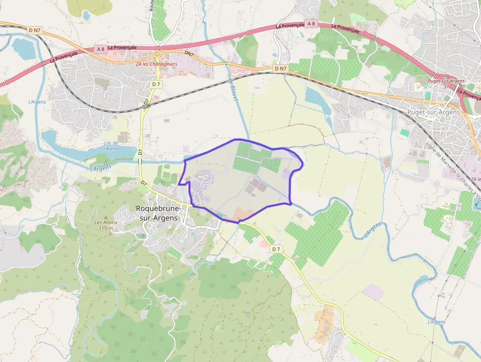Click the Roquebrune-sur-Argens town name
[x=159, y=213]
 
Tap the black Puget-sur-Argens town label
[x=433, y=112]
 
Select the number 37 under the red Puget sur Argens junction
[x=446, y=86]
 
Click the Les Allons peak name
[x=106, y=222]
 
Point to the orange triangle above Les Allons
[x=105, y=216]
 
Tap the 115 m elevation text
[x=106, y=228]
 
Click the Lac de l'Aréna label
[x=111, y=145]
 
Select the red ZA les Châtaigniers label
[x=157, y=63]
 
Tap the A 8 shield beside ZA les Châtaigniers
[x=100, y=49]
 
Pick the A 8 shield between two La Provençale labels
[x=310, y=23]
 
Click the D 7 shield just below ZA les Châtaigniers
[x=156, y=84]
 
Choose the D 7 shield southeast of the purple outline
[x=276, y=249]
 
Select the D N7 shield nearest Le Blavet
[x=280, y=68]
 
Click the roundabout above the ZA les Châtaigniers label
[x=158, y=54]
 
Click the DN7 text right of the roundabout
[x=190, y=53]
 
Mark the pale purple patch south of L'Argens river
[x=373, y=292]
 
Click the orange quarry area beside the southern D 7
[x=323, y=324]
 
